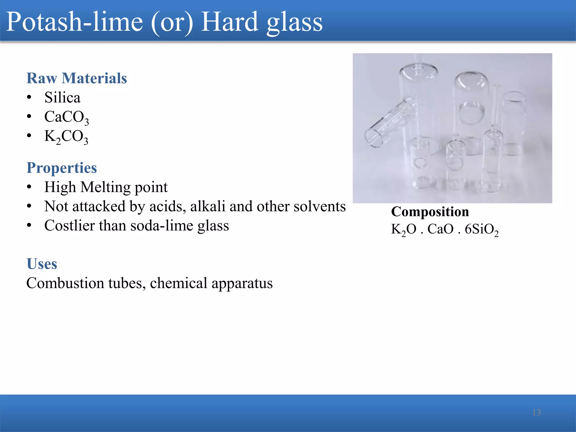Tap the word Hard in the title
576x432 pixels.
229,22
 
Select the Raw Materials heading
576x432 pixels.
76,78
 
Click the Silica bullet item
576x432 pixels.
62,98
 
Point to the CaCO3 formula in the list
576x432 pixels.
66,117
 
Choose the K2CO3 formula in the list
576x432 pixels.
66,137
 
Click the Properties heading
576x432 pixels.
62,168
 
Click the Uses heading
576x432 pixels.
42,264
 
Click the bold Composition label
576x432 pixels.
430,211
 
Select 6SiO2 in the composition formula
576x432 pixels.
481,229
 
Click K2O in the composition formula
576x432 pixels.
403,229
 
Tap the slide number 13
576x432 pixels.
537,412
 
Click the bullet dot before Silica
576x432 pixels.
29,98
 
